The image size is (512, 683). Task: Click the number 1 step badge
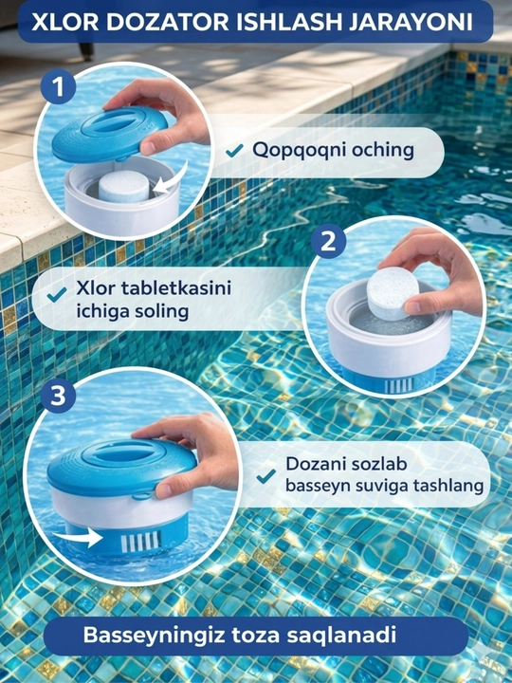(59, 86)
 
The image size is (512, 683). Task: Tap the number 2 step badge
(328, 242)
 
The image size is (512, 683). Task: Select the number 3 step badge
(59, 396)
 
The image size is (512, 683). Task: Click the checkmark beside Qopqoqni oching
(234, 151)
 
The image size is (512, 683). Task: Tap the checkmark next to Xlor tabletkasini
(57, 294)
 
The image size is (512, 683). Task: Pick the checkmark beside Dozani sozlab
(266, 475)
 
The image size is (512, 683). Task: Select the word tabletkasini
(176, 288)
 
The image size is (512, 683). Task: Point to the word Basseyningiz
(155, 636)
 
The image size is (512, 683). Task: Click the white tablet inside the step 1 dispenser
(123, 186)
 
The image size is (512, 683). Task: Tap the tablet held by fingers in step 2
(393, 294)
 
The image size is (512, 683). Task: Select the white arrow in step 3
(79, 537)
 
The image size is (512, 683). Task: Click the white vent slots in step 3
(140, 542)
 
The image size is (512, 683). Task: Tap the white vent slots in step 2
(399, 385)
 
